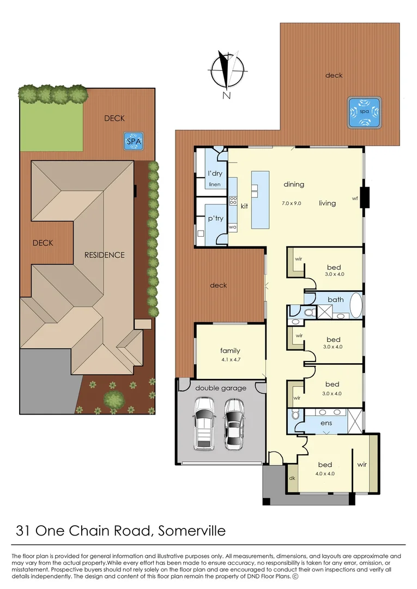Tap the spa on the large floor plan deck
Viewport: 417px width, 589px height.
(364, 111)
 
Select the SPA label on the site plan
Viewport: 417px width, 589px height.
(134, 142)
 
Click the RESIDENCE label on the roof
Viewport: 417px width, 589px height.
(104, 255)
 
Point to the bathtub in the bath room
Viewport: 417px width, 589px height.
(355, 306)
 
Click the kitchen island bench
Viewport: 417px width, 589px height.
(260, 200)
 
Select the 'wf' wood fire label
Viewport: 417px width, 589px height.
(354, 198)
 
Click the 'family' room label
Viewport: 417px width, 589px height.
(230, 351)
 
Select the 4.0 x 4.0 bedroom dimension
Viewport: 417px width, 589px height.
(325, 473)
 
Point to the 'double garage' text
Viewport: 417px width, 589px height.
(221, 388)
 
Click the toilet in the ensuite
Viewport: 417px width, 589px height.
(294, 415)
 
